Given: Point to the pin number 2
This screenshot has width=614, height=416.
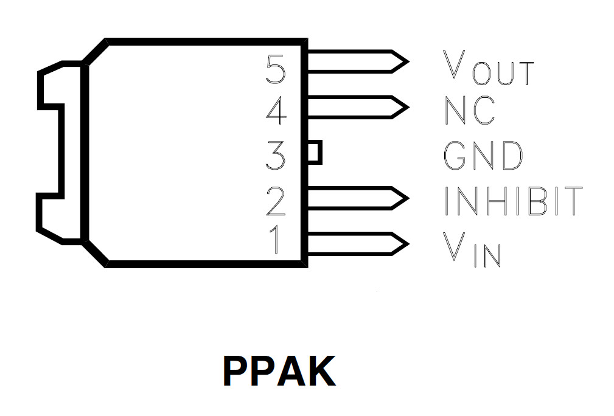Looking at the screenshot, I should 276,201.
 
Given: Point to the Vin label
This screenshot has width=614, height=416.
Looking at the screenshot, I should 472,249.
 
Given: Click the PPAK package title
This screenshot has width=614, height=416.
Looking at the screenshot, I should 279,370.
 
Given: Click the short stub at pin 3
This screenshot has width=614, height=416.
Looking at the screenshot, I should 314,152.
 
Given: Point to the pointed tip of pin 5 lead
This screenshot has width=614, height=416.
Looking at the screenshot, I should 402,61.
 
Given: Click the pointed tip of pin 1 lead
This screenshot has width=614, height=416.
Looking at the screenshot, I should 402,243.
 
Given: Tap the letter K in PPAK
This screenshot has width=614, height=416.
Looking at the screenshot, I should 318,370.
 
